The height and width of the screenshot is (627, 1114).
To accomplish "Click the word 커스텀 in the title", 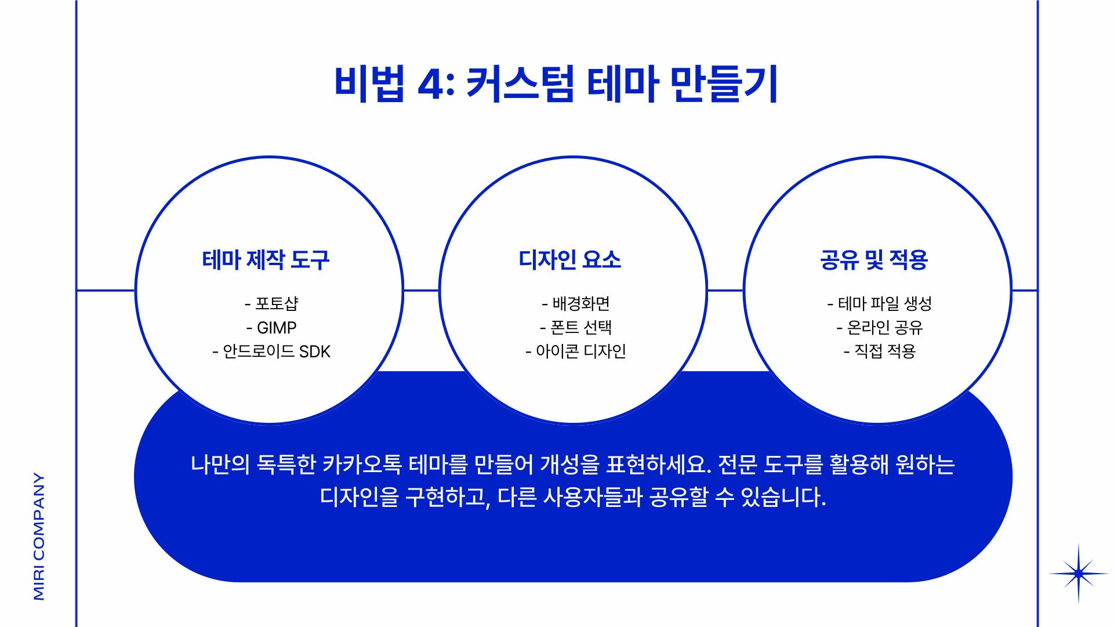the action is click(520, 84).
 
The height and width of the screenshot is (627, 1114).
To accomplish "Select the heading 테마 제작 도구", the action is click(266, 260).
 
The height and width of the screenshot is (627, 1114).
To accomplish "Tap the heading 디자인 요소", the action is click(569, 260).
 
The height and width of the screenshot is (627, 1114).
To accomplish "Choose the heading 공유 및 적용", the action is click(873, 260).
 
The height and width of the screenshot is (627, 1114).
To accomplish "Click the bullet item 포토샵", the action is click(277, 303).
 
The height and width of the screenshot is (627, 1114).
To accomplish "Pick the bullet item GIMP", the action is click(277, 328).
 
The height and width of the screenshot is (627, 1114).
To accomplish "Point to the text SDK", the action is click(314, 351).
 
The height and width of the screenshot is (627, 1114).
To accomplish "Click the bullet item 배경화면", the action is click(580, 303).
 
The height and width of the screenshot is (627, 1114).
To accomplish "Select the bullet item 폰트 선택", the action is click(580, 328).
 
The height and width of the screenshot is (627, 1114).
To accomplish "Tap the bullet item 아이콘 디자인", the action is click(580, 351).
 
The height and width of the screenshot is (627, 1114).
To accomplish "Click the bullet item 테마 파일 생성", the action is click(884, 303).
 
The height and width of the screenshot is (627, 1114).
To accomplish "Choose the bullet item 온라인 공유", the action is click(884, 328).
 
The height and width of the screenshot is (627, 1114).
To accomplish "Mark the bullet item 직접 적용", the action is click(884, 351).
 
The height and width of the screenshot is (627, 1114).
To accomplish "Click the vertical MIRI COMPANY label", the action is click(39, 536).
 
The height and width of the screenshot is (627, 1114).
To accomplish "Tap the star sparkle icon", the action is click(1078, 574).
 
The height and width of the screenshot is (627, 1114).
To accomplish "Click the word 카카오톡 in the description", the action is click(361, 465).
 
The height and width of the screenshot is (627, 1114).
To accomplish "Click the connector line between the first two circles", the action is click(421, 290).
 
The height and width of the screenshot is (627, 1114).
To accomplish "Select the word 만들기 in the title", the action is click(724, 84).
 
